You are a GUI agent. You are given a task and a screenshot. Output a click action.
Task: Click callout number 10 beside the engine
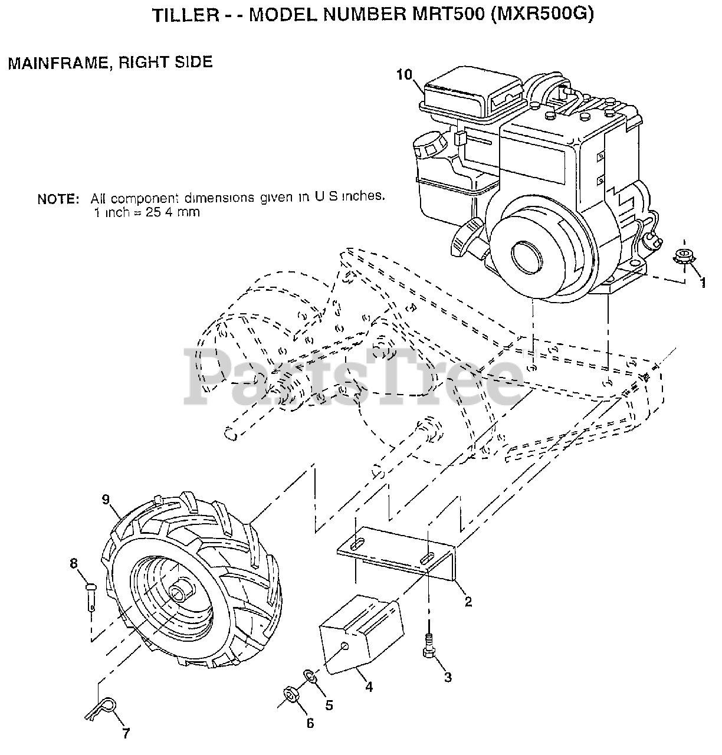click(404, 74)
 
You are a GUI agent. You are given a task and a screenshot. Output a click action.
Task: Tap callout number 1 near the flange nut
click(702, 283)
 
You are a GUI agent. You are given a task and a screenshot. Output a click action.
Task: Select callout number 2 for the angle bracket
click(468, 602)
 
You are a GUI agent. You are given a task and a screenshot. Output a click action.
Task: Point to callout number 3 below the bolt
click(448, 678)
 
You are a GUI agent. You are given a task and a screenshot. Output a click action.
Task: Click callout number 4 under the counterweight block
click(368, 687)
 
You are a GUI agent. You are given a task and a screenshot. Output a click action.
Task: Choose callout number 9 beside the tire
click(106, 500)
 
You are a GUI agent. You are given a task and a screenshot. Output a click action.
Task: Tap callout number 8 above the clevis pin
click(74, 563)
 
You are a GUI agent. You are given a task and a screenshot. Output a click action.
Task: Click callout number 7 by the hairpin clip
click(126, 734)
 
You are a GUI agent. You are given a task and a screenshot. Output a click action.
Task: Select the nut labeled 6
click(291, 694)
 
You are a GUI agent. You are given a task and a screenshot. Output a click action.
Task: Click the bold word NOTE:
click(58, 199)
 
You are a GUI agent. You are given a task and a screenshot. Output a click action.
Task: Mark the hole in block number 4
click(346, 648)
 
